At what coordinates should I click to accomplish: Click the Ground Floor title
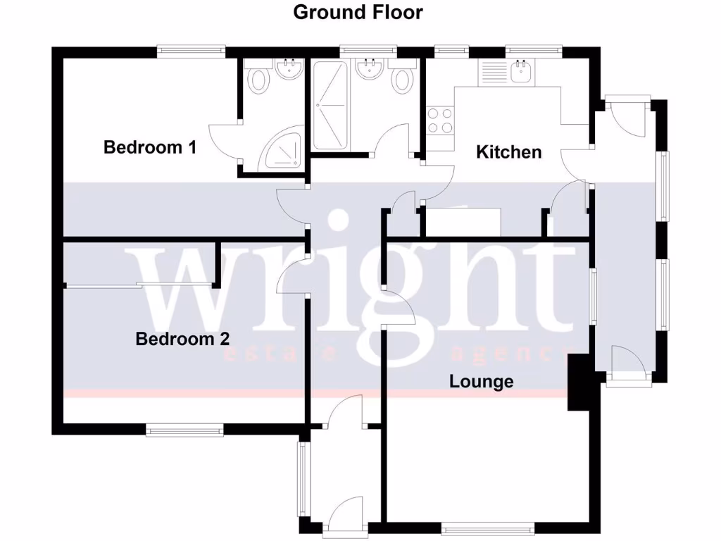358,12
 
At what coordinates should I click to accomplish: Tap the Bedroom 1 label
150,147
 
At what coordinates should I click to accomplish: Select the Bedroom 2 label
182,339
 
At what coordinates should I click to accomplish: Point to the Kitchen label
509,151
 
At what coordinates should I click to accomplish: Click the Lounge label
482,382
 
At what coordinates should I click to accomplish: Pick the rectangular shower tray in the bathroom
330,106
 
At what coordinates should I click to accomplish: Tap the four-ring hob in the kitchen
440,120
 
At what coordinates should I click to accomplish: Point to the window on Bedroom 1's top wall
191,50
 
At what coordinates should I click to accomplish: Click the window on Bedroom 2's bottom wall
185,428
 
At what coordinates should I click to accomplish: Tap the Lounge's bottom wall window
489,526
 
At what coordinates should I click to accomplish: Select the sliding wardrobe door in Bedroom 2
139,285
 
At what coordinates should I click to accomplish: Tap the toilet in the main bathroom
402,77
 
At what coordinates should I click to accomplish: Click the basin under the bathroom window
369,69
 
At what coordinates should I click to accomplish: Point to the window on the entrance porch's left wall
303,480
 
